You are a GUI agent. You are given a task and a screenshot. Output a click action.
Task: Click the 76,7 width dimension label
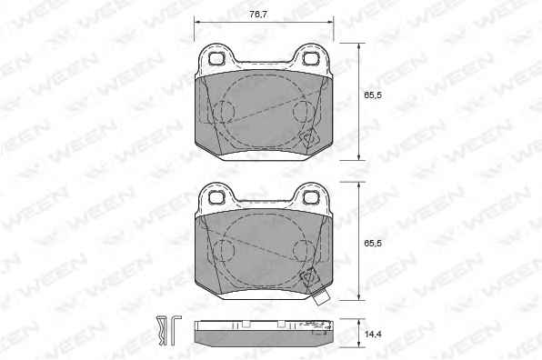pos(258,15)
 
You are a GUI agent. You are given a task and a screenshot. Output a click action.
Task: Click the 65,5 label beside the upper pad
pos(373,95)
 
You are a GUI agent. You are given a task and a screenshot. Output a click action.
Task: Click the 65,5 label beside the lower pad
pos(373,244)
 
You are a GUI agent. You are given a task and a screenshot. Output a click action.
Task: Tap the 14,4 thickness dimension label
pos(373,334)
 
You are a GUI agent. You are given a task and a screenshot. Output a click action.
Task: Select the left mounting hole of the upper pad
pos(216,58)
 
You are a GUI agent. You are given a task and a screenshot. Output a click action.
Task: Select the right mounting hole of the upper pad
pos(310,58)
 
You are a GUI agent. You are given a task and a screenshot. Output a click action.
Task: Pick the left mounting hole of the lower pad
pos(216,197)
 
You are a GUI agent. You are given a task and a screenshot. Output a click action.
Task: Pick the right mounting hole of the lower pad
pos(310,197)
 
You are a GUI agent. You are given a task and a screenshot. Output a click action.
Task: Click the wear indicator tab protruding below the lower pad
pos(321,297)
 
